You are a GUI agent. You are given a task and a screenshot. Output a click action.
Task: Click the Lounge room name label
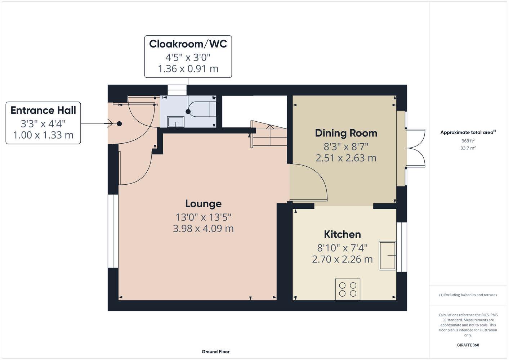coord(204,204)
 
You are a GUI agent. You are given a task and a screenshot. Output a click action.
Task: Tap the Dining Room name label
coord(346,133)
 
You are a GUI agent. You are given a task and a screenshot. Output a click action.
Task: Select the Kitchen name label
coord(343,234)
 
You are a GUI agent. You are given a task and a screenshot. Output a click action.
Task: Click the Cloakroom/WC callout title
coord(188,44)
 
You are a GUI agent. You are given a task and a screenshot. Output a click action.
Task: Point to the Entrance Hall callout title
coord(43,111)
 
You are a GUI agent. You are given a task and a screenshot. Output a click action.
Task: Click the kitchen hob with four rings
coord(348,289)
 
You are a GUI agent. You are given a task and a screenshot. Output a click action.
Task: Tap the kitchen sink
coord(388,256)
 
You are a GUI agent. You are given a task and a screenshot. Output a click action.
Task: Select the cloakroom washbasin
coord(176,122)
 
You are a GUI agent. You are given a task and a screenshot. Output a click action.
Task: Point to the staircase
coord(269,134)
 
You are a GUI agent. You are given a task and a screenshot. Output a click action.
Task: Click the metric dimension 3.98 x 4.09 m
coord(204,229)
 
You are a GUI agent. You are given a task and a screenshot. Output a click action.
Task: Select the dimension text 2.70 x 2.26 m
coord(343,260)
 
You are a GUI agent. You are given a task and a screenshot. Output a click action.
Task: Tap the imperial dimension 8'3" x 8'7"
coord(346,147)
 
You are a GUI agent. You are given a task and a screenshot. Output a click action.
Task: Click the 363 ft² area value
coord(468,141)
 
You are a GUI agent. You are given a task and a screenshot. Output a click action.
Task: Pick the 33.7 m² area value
coord(468,148)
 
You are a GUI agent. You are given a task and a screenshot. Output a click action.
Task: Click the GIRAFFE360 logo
coord(468,345)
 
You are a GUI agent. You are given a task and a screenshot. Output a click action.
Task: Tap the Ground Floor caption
coord(216,352)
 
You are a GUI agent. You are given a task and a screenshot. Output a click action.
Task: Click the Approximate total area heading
coord(468,132)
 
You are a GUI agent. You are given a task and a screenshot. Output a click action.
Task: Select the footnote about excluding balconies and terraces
coord(468,295)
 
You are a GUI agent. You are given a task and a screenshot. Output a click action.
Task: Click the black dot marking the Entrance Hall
coord(119,124)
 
